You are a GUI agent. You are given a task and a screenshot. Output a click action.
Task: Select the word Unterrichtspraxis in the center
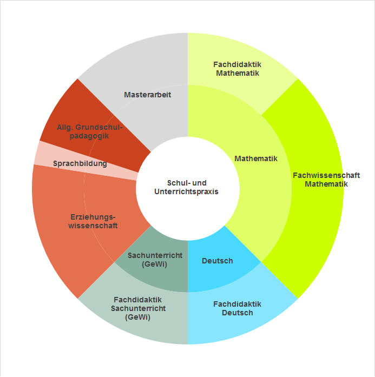pyautogui.click(x=186, y=191)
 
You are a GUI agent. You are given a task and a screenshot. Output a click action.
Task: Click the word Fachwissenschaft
pyautogui.click(x=326, y=175)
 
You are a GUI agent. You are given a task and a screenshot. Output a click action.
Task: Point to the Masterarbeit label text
pyautogui.click(x=147, y=95)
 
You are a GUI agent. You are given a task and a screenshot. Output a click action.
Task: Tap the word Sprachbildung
pyautogui.click(x=80, y=163)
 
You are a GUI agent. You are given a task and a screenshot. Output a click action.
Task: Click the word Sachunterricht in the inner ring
pyautogui.click(x=155, y=255)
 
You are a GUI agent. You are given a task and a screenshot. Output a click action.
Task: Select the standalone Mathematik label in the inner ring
pyautogui.click(x=256, y=158)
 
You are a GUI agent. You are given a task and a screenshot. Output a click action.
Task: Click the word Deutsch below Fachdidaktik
pyautogui.click(x=237, y=313)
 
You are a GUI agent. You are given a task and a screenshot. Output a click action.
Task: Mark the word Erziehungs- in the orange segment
pyautogui.click(x=93, y=217)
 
